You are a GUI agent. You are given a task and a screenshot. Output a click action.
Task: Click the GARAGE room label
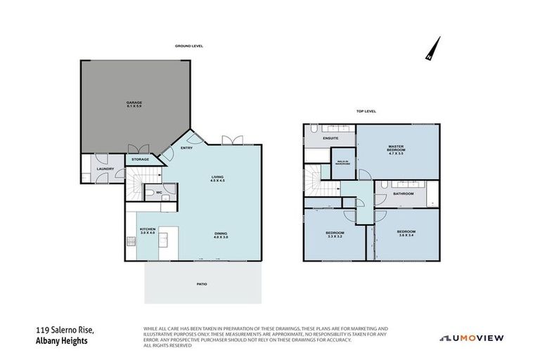[x=134, y=104]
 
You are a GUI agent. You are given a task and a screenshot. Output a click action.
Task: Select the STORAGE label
[x=139, y=160]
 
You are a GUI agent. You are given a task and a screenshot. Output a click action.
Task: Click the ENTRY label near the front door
[x=186, y=148]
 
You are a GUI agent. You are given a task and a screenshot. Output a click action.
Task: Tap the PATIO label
[x=202, y=284]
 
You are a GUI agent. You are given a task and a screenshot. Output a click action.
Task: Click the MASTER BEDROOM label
[x=398, y=150]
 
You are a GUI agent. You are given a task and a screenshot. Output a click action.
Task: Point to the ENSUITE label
[x=330, y=139]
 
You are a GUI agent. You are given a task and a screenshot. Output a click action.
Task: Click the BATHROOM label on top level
[x=403, y=193]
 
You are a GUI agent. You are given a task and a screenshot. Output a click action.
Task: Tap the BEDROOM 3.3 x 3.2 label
[x=334, y=234]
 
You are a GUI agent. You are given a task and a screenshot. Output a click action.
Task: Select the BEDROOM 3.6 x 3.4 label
[x=406, y=233]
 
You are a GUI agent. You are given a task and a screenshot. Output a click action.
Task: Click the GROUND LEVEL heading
[x=189, y=46]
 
